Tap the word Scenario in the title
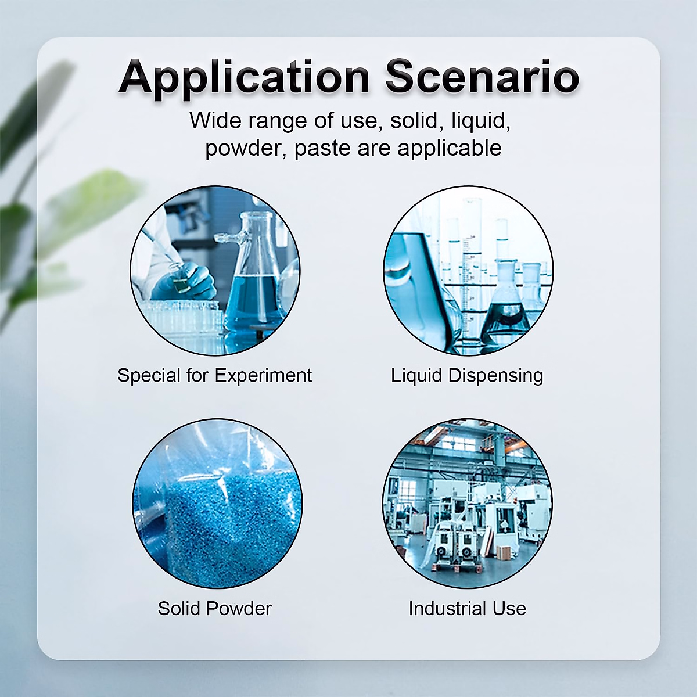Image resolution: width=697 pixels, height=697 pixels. tap(483, 77)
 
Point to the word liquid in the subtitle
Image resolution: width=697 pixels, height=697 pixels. tap(480, 121)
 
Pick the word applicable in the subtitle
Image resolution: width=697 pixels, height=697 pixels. tap(450, 148)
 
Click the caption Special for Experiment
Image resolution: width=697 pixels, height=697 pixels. tap(214, 375)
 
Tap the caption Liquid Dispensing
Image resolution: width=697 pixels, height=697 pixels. tap(467, 375)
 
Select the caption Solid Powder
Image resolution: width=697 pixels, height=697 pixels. tap(214, 608)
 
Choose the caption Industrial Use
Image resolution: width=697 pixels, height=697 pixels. tap(468, 608)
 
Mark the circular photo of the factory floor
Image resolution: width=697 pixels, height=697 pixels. tap(468, 504)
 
